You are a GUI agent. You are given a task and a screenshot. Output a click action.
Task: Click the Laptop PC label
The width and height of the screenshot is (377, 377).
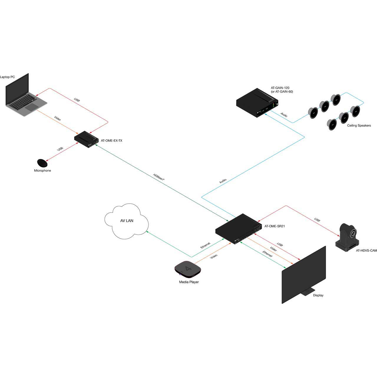pyautogui.click(x=7, y=77)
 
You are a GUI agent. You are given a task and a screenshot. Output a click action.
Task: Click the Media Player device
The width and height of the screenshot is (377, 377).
pyautogui.click(x=188, y=269)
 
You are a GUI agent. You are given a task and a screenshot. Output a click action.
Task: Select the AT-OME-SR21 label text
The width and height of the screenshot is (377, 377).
pyautogui.click(x=275, y=226)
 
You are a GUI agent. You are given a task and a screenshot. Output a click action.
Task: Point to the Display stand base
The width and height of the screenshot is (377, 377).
pyautogui.click(x=306, y=292)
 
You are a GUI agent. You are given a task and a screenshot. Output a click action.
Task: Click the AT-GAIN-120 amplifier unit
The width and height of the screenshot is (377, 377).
pyautogui.click(x=257, y=103)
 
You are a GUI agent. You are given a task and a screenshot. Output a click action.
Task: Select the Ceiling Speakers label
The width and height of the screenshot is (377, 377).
pyautogui.click(x=359, y=125)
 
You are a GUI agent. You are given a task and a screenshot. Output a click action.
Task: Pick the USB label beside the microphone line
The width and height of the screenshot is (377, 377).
pyautogui.click(x=60, y=149)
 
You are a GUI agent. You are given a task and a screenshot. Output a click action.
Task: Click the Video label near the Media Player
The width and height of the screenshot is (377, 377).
pyautogui.click(x=214, y=257)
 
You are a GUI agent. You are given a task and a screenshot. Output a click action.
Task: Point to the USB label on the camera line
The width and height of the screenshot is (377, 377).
pyautogui.click(x=317, y=220)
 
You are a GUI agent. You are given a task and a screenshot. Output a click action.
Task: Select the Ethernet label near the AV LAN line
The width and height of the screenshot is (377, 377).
pyautogui.click(x=205, y=245)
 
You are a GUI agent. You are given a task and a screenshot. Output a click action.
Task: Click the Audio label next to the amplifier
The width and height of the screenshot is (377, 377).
pyautogui.click(x=284, y=115)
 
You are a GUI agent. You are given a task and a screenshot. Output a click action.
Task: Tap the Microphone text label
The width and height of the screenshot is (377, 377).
pyautogui.click(x=42, y=171)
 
